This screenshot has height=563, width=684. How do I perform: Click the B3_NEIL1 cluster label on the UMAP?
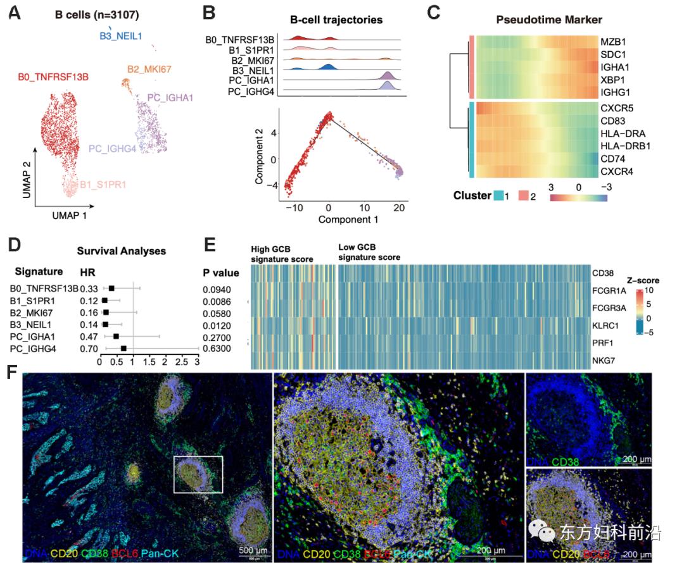(120, 37)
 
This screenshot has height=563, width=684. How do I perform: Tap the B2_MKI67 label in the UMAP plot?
(149, 68)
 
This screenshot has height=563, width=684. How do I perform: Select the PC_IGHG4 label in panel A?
(113, 148)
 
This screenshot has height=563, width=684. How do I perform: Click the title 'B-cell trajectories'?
(336, 20)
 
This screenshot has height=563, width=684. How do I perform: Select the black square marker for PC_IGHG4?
(123, 349)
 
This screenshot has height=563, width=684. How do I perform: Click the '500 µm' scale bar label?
(254, 551)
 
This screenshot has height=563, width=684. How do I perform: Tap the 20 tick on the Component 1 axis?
(398, 207)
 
